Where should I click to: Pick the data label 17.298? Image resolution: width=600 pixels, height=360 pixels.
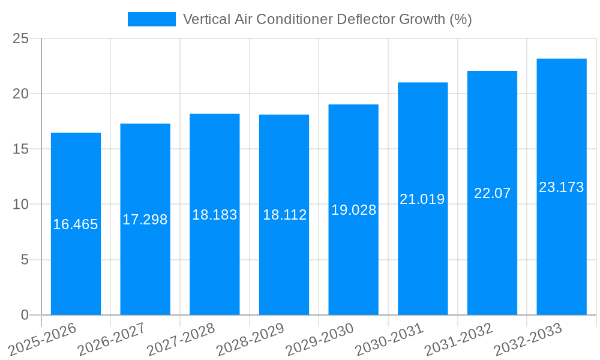pos(145,220)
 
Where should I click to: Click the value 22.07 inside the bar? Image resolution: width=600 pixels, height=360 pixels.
pos(492,193)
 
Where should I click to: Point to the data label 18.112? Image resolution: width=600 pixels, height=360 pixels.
pos(284,215)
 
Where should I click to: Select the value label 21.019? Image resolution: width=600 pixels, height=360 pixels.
pos(422,199)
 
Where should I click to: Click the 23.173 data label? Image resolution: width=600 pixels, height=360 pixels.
pos(562,187)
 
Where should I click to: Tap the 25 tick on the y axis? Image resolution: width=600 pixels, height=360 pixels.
pos(20,38)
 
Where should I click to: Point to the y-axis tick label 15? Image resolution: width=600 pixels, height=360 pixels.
pos(20,149)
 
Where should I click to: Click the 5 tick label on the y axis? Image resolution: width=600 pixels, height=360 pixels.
pos(25,260)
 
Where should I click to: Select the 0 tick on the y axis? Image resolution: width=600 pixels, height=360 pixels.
pos(25,315)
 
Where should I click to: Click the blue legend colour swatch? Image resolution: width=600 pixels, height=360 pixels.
pos(152,19)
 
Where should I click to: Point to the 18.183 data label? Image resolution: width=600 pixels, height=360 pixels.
pos(215,215)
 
